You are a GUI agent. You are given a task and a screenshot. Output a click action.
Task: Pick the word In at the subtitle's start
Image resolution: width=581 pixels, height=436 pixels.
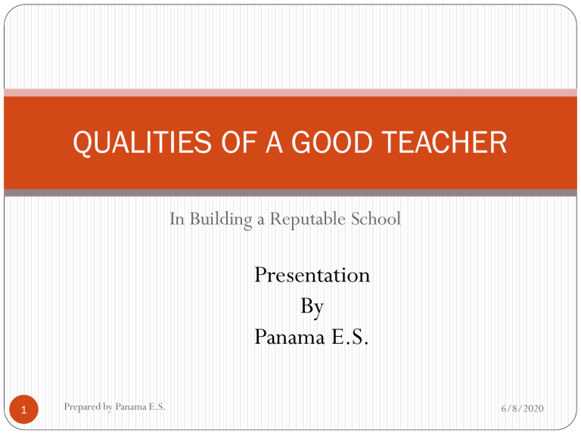[x=176, y=220]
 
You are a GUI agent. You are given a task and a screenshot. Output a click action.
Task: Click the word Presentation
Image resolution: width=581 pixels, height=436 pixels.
[x=312, y=274]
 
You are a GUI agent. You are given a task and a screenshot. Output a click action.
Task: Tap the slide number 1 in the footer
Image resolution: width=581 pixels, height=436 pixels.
[x=25, y=411]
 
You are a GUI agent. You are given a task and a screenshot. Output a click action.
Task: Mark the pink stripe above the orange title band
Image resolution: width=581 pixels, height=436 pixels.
[x=290, y=92]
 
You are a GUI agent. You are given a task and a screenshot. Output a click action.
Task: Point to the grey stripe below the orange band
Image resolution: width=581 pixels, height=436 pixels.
[x=290, y=192]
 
